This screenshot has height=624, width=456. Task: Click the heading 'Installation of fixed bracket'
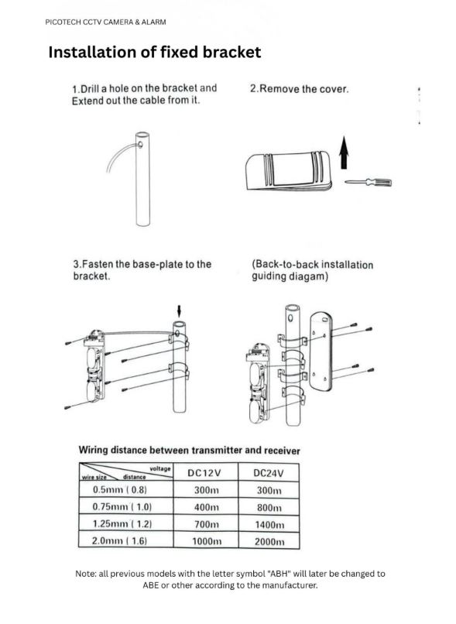coord(154,52)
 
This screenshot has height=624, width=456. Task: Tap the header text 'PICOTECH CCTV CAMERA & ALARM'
coord(105,22)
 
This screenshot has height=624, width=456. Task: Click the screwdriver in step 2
coord(368,182)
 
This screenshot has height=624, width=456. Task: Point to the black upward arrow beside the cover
coord(345,153)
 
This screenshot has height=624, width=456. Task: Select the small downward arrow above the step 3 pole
coord(179,310)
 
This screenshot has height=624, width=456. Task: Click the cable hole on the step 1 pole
coord(140,145)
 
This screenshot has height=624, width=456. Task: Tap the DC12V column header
coord(204,473)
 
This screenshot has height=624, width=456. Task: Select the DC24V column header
coord(269,473)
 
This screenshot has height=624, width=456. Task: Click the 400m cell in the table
coord(206,507)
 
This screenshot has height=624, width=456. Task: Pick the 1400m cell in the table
coord(269,524)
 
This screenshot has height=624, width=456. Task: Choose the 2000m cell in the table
coord(269,542)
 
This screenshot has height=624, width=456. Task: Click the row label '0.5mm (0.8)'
coord(119,489)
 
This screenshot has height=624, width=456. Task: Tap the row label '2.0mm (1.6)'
coord(119,541)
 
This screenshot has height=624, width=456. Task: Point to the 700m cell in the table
coord(206,524)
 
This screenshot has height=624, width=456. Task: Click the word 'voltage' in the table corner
coord(160,469)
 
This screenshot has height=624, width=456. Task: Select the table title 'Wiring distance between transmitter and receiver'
coord(189,450)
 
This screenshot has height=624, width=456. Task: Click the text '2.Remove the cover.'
coord(299,89)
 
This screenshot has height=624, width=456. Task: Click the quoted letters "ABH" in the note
coord(279,574)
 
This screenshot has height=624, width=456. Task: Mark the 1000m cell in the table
coord(207,542)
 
